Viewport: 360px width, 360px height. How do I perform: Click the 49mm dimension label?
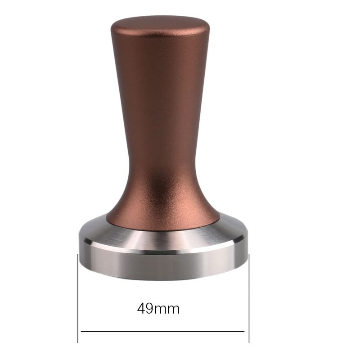tap(158, 309)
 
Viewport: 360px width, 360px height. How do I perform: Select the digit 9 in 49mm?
tap(149, 309)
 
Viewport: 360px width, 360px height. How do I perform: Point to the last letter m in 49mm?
tap(173, 310)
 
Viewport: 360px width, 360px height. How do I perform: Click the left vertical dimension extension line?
tap(78, 298)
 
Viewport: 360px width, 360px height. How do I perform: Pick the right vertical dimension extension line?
tap(249, 298)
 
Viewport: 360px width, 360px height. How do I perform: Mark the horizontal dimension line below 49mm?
tap(162, 332)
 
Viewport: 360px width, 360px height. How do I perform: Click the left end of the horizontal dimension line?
tap(81, 332)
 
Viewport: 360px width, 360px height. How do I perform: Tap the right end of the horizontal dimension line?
tap(244, 332)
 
